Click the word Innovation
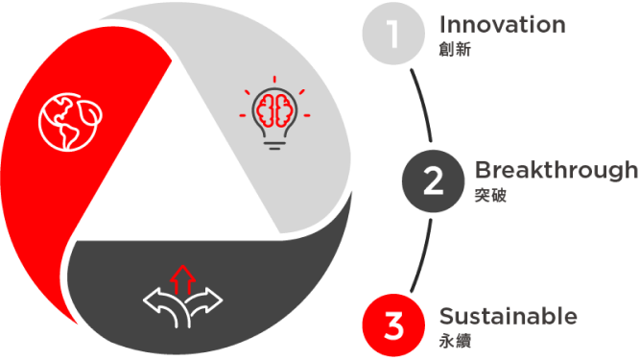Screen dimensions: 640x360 503,25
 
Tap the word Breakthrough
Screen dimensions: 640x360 557,170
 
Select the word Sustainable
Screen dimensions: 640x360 509,316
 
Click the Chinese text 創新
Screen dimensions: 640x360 455,49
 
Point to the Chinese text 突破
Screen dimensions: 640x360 490,195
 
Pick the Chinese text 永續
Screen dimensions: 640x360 455,341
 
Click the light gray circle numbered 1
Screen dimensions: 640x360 393,34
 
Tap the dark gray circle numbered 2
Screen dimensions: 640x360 433,180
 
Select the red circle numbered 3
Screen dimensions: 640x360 393,325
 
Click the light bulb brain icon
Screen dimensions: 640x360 274,113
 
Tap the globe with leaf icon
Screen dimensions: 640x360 70,122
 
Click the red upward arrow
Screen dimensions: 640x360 183,280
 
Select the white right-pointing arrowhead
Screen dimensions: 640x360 212,300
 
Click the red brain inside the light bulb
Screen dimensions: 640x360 274,110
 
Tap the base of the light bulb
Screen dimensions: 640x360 274,145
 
